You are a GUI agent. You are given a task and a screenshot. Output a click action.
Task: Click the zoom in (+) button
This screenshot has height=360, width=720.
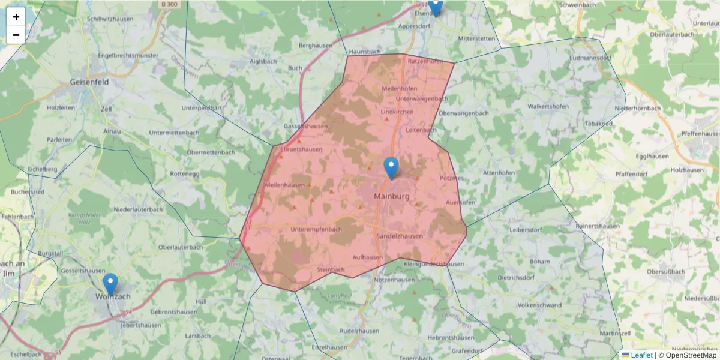pyautogui.click(x=16, y=17)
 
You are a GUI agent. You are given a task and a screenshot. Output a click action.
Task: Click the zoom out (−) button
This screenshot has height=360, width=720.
pyautogui.click(x=16, y=35)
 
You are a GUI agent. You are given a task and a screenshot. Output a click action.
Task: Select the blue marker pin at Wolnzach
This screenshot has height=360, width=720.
pyautogui.click(x=110, y=284)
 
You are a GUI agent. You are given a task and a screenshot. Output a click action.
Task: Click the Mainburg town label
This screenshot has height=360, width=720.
pyautogui.click(x=391, y=196)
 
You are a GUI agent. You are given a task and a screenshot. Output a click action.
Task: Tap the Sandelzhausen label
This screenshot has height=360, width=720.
pyautogui.click(x=399, y=236)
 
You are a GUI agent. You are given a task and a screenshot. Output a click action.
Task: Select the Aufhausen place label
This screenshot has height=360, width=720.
pyautogui.click(x=368, y=257)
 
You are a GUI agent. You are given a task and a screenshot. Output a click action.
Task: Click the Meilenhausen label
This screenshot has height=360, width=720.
pyautogui.click(x=286, y=185)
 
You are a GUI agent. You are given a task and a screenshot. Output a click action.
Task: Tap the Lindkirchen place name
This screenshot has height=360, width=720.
pyautogui.click(x=397, y=112)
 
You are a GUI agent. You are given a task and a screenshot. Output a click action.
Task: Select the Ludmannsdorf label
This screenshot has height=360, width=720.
pyautogui.click(x=590, y=58)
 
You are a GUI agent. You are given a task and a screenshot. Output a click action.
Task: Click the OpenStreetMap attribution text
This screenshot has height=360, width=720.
pyautogui.click(x=691, y=355)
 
